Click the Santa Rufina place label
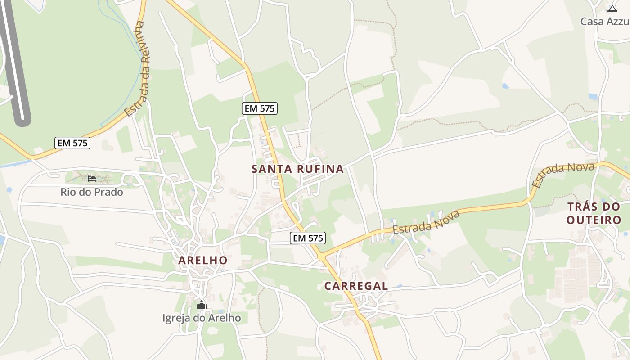[297, 169]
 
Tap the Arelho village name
[203, 260]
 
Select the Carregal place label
[356, 286]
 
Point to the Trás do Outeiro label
[594, 213]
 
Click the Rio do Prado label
[92, 192]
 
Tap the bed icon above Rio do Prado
[92, 179]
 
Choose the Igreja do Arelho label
[202, 318]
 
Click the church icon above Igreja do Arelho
[201, 305]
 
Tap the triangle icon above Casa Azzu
[612, 9]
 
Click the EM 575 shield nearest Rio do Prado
[72, 143]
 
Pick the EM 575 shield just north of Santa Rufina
[259, 108]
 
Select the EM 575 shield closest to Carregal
[308, 238]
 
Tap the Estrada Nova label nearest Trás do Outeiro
[563, 175]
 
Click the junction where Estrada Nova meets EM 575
[321, 256]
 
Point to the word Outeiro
[594, 220]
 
